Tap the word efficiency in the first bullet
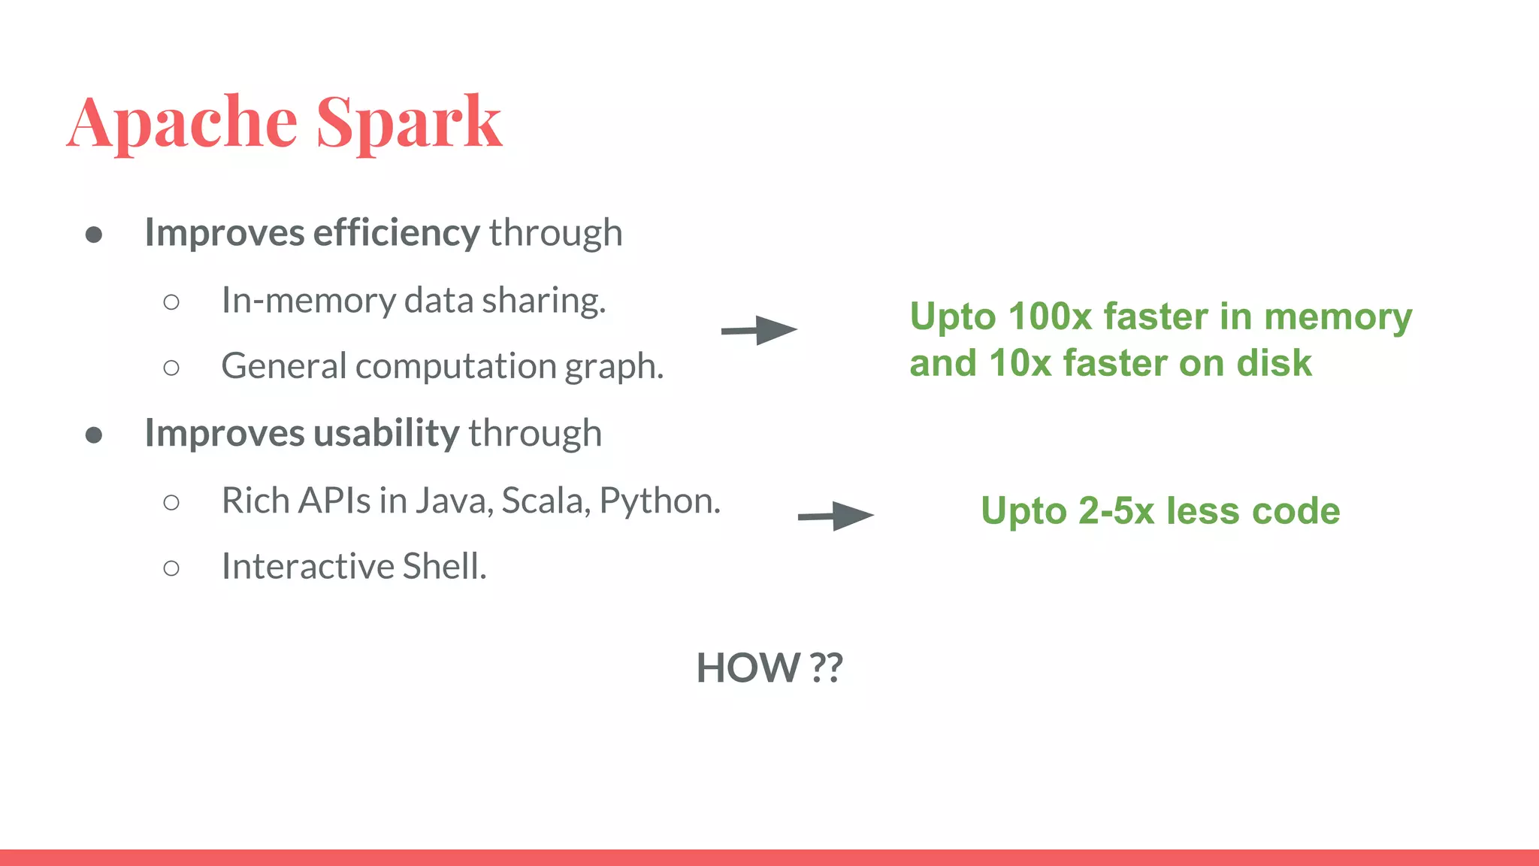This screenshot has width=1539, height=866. click(x=396, y=232)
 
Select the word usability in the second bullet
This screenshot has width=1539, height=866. click(x=386, y=433)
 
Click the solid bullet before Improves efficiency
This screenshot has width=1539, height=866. click(x=94, y=235)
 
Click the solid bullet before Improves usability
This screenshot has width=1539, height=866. click(x=94, y=435)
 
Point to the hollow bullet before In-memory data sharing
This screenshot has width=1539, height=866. click(x=171, y=302)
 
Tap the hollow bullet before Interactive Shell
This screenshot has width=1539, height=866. click(x=171, y=568)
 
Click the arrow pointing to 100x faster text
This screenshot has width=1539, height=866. click(x=759, y=330)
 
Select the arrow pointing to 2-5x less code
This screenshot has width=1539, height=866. click(x=836, y=516)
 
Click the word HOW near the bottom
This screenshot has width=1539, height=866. click(x=748, y=668)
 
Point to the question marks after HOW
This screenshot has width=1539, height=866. click(x=827, y=668)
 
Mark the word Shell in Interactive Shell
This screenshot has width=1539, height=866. click(x=444, y=566)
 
